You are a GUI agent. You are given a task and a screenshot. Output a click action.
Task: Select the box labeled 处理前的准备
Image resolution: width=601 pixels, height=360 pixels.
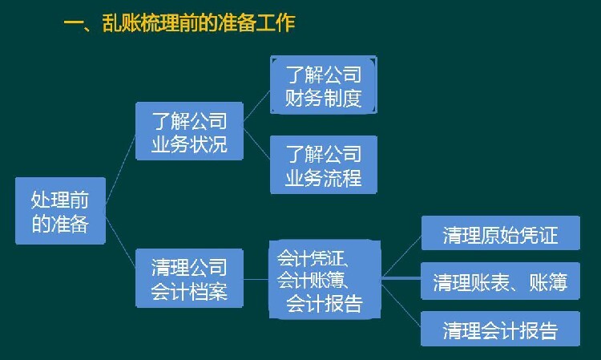(60, 211)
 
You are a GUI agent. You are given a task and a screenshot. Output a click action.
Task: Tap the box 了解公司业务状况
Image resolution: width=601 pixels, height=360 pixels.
(189, 131)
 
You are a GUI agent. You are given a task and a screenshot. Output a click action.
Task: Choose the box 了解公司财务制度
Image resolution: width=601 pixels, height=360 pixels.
(324, 85)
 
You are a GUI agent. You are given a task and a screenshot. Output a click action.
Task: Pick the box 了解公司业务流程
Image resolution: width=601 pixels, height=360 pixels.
(324, 164)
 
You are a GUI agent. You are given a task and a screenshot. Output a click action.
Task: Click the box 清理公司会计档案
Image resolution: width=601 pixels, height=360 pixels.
(189, 278)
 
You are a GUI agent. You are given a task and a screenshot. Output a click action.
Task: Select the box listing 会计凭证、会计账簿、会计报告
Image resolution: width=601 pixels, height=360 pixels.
(325, 280)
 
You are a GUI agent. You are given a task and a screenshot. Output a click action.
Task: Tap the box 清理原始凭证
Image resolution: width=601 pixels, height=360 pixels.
(501, 233)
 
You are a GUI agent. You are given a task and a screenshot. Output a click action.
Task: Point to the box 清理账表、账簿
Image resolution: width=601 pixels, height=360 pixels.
(500, 281)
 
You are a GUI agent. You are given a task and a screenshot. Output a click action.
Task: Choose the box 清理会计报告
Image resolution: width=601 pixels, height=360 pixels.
(500, 329)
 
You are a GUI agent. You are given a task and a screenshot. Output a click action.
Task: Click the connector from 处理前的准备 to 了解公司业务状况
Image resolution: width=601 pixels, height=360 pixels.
(120, 169)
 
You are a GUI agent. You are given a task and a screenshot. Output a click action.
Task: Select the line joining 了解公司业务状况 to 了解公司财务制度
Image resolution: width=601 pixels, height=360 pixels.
(256, 106)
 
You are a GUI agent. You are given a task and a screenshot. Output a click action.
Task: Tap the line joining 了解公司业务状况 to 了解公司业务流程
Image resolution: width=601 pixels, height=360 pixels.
(256, 144)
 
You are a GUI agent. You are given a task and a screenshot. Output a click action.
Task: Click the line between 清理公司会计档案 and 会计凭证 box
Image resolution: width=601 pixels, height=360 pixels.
(256, 279)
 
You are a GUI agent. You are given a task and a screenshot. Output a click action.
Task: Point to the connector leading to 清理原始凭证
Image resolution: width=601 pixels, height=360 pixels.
(401, 256)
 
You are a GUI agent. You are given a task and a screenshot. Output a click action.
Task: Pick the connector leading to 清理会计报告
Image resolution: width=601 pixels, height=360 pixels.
(401, 305)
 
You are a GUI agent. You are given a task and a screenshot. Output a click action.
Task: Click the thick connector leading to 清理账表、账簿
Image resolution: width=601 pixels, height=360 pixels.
(401, 278)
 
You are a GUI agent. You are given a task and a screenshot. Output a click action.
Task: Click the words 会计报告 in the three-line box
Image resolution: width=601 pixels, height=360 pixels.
(325, 304)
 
